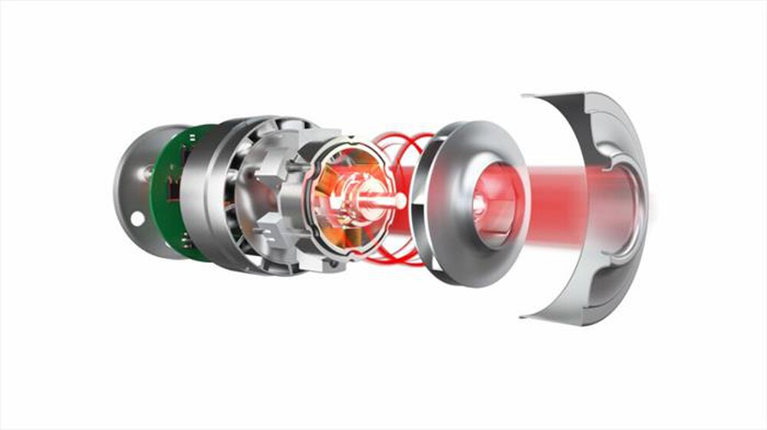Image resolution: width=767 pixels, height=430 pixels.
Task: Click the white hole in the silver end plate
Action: [137, 218]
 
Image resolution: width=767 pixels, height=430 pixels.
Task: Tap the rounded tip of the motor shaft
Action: [401, 201]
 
